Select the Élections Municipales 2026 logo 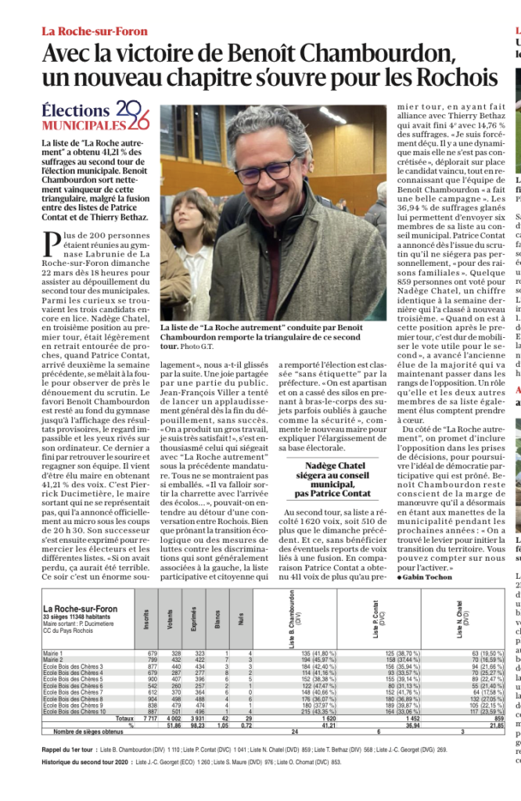coord(95,117)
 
